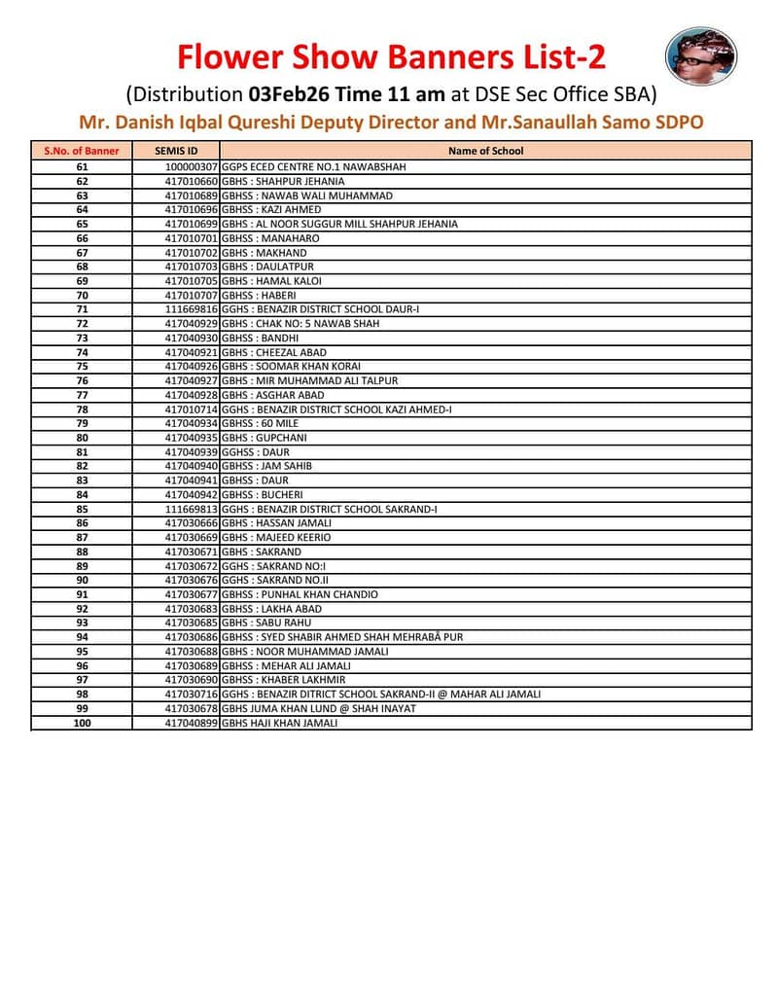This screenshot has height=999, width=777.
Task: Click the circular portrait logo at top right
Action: [x=700, y=55]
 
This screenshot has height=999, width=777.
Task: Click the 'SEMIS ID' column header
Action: [x=176, y=151]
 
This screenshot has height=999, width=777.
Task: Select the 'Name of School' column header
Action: [x=486, y=151]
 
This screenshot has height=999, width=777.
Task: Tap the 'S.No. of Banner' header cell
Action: [x=82, y=151]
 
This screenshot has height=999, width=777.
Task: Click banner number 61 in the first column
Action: [x=82, y=167]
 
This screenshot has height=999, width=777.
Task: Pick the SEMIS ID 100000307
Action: [x=193, y=167]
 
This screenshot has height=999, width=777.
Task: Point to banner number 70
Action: [x=82, y=296]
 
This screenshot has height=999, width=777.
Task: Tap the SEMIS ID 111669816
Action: [x=193, y=309]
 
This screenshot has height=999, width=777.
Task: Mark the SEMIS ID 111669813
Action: [x=193, y=510]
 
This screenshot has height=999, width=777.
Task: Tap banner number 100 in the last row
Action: [x=82, y=723]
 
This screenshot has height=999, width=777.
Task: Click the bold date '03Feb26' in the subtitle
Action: [x=291, y=94]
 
